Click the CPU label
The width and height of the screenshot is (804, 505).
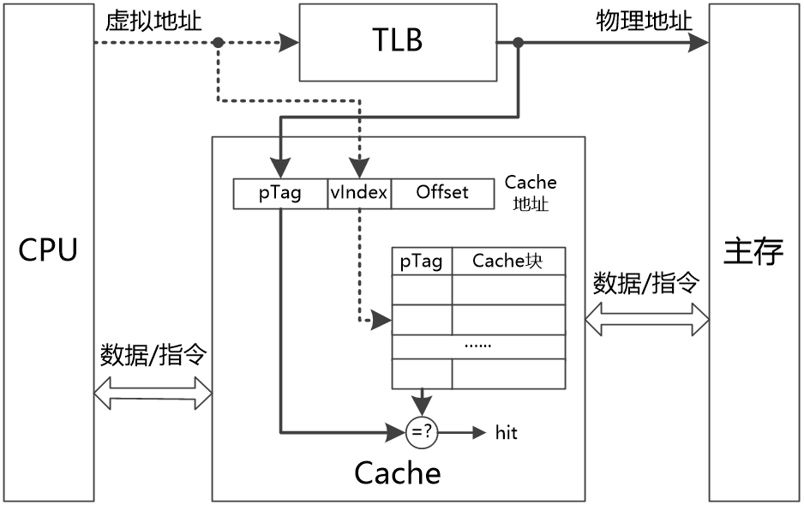click(48, 250)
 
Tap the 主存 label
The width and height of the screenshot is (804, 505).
click(753, 251)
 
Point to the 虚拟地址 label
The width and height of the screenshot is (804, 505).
click(153, 21)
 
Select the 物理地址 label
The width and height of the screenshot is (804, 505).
click(644, 21)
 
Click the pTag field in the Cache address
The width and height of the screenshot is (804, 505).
click(280, 193)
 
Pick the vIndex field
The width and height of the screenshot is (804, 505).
click(359, 193)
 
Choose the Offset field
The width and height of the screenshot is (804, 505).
click(442, 193)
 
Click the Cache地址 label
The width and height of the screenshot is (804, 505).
click(531, 193)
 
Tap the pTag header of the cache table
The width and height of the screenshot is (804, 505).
click(422, 262)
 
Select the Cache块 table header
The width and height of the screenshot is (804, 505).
click(508, 262)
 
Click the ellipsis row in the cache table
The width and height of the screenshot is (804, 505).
click(478, 346)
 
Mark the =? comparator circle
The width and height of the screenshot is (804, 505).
click(422, 433)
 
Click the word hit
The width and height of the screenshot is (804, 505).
click(507, 433)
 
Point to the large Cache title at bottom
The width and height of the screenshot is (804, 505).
click(398, 472)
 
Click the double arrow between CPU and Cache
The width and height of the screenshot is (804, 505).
click(152, 394)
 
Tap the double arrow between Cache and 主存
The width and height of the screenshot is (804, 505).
click(646, 320)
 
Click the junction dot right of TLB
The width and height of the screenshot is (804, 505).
click(519, 42)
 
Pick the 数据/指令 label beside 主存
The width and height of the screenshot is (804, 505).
click(646, 283)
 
